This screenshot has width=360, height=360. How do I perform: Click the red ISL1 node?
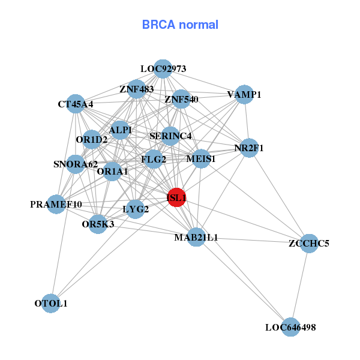tap(176, 197)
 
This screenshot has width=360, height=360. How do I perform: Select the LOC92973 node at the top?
tap(163, 68)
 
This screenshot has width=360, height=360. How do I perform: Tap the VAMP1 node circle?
tap(244, 94)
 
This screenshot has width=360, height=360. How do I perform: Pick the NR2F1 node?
tap(249, 148)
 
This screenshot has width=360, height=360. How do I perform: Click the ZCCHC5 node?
tap(308, 243)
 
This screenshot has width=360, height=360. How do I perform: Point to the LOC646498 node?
tap(290, 327)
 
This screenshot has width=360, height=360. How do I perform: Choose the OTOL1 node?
tap(52, 304)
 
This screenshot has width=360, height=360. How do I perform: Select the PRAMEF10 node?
tap(56, 205)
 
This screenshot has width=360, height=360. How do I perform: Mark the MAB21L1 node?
tap(196, 238)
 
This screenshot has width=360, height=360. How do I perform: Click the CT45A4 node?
tap(76, 104)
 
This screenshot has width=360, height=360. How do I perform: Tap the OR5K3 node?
tap(98, 224)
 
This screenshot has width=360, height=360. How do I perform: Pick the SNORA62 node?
tap(76, 164)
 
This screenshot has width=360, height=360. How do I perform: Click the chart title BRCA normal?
tap(180, 25)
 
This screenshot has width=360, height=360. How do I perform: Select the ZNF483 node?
tap(137, 89)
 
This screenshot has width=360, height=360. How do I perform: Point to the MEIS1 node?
tap(201, 159)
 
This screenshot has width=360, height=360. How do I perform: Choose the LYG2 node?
tap(136, 209)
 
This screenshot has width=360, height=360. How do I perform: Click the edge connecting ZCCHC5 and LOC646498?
tap(299, 285)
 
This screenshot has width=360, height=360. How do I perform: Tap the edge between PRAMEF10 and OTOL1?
tap(54, 254)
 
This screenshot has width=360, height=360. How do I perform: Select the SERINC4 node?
tap(170, 136)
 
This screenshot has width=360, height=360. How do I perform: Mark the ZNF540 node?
tap(181, 99)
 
